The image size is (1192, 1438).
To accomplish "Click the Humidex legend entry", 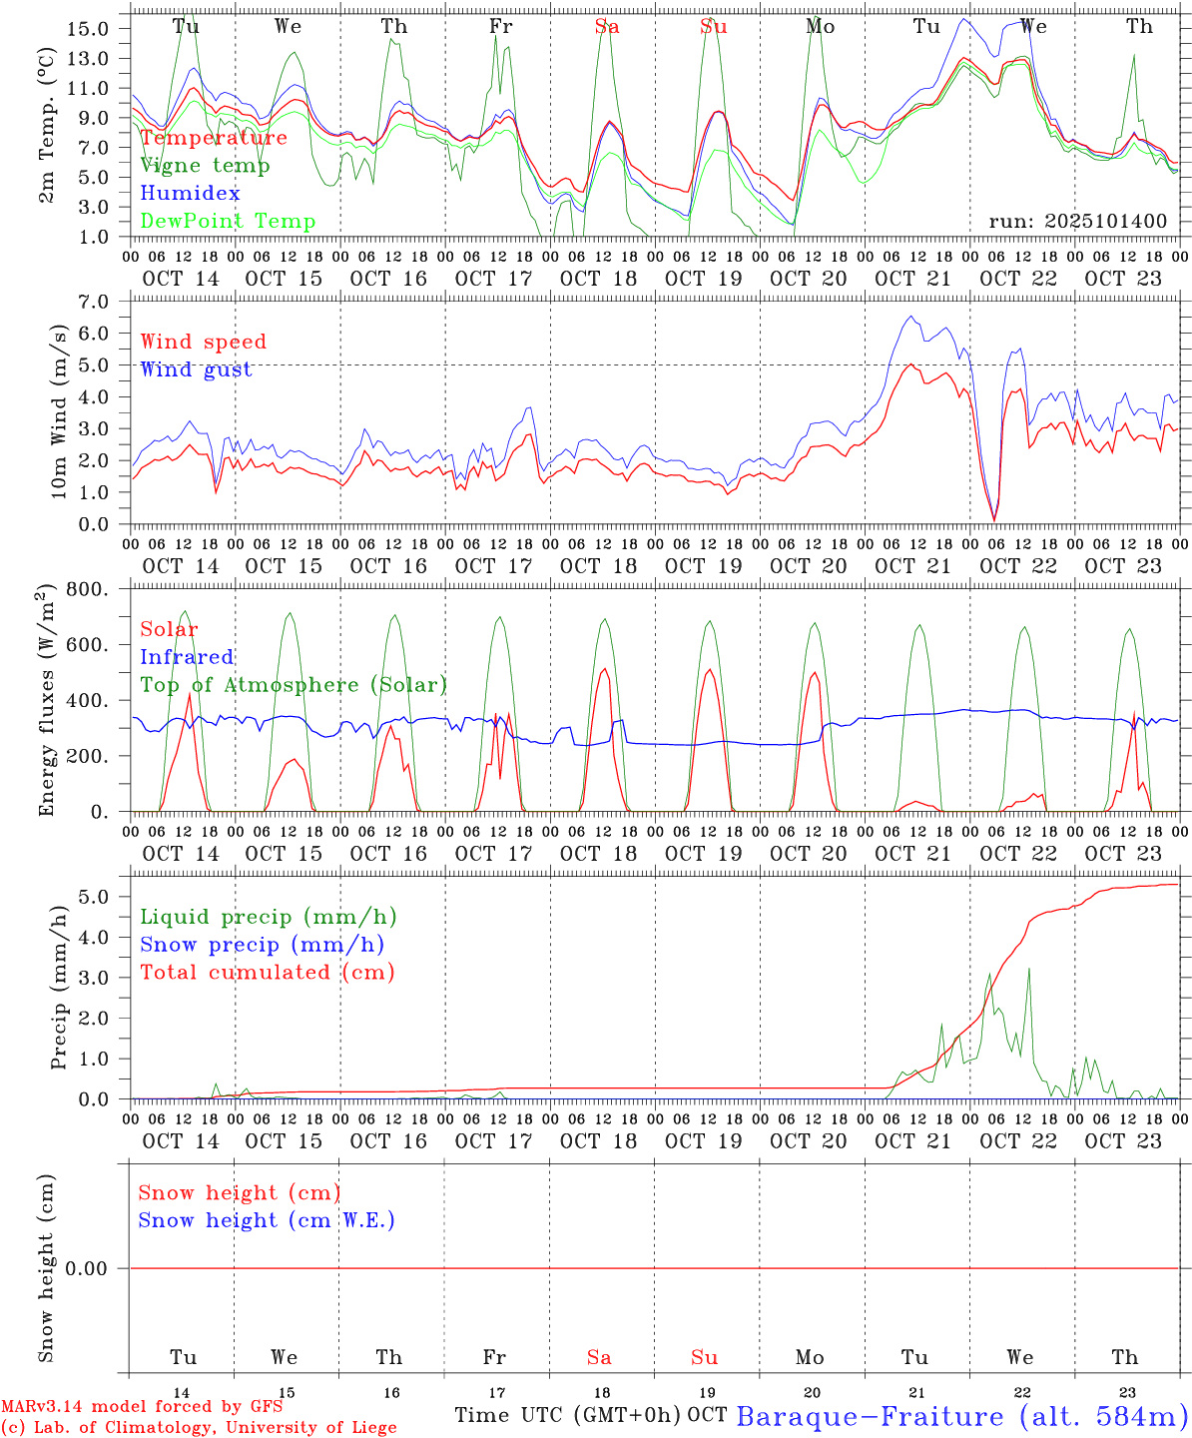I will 190,194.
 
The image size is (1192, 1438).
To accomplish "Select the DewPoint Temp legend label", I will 228,222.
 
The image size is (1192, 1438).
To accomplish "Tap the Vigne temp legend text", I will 205,166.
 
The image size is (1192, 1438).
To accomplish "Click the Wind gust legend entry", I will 196,369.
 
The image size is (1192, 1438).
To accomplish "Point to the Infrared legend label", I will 187,657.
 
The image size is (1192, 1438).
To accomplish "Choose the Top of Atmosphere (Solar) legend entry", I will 294,685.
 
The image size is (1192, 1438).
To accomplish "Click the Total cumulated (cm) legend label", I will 268,973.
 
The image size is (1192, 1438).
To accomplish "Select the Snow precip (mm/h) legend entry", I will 263,945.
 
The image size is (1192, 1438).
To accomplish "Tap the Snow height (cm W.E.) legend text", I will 267,1220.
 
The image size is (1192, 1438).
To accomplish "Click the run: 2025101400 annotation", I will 1077,222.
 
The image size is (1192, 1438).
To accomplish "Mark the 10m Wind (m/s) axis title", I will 59,411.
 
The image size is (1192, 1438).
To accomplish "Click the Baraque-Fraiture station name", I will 962,1416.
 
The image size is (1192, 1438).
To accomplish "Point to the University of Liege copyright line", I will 199,1428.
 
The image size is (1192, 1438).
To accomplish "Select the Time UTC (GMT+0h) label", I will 568,1415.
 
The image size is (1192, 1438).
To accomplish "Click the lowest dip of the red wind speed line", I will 994,519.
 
